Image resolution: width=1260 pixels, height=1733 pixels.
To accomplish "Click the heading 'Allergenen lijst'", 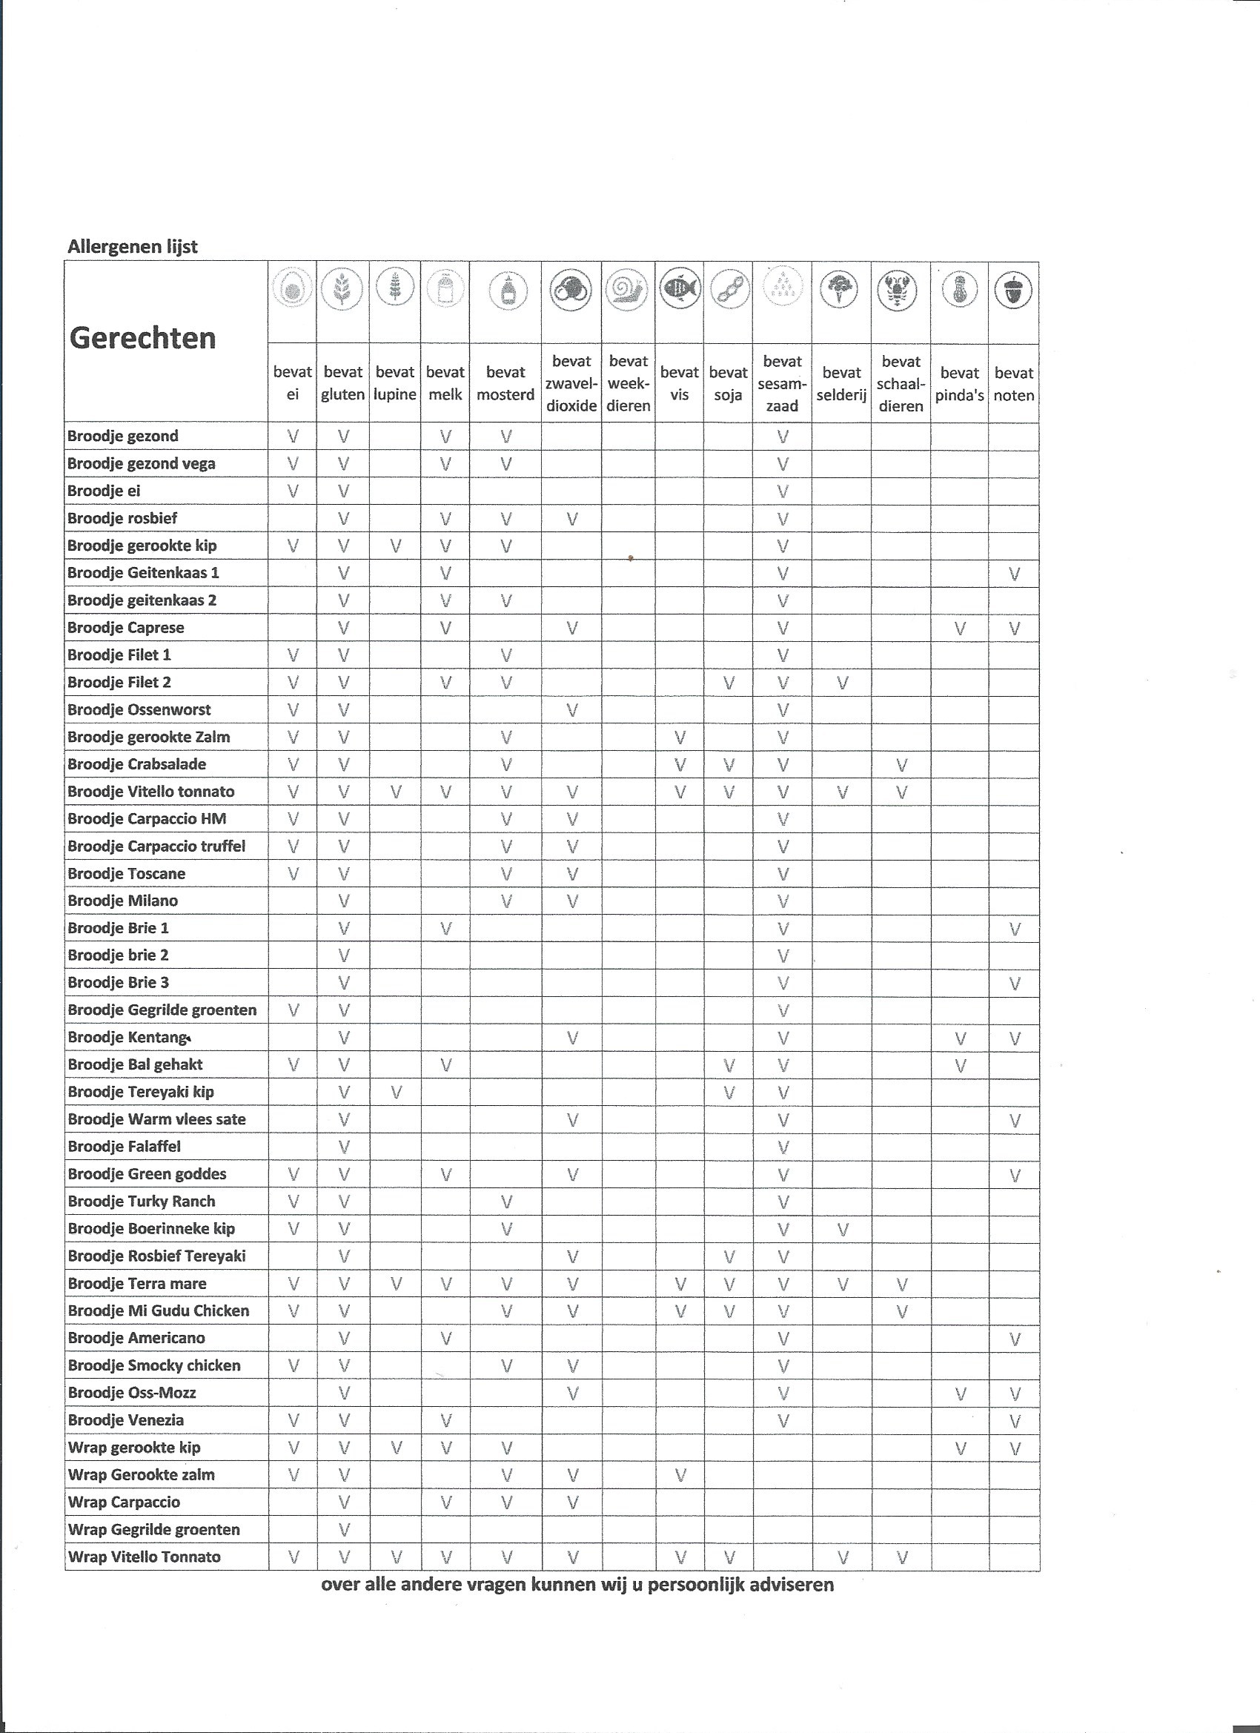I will pyautogui.click(x=132, y=247).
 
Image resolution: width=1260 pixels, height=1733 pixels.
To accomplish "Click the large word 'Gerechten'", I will pyautogui.click(x=143, y=338).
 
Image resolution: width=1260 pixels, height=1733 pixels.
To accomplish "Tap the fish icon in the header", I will pyautogui.click(x=679, y=289).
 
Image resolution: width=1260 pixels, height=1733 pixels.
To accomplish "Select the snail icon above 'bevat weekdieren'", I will pyautogui.click(x=627, y=290).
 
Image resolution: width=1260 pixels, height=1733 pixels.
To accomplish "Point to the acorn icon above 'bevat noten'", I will pyautogui.click(x=1013, y=290).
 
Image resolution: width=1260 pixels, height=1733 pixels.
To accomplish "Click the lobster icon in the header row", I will pyautogui.click(x=900, y=290).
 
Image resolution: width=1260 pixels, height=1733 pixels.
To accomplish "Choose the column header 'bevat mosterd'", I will pyautogui.click(x=505, y=383).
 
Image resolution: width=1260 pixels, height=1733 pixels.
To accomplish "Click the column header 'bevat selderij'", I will pyautogui.click(x=841, y=383).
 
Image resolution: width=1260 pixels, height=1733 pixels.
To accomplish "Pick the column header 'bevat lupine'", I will pyautogui.click(x=395, y=383).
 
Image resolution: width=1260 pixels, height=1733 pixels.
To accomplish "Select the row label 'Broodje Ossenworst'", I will pyautogui.click(x=139, y=710).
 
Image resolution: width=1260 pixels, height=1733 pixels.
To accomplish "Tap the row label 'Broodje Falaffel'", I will pyautogui.click(x=125, y=1146).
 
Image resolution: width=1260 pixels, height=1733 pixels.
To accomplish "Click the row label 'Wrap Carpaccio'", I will pyautogui.click(x=124, y=1502).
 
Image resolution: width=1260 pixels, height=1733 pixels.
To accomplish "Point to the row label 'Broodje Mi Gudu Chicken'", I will pyautogui.click(x=158, y=1310).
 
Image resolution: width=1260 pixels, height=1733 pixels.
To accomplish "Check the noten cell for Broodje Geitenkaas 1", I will pyautogui.click(x=1014, y=573).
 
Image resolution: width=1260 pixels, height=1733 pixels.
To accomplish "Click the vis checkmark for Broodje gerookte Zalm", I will pyautogui.click(x=679, y=738).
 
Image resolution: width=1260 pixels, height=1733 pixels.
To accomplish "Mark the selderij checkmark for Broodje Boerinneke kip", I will pyautogui.click(x=842, y=1229).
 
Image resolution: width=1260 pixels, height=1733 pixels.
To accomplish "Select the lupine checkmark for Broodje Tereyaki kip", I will pyautogui.click(x=396, y=1092).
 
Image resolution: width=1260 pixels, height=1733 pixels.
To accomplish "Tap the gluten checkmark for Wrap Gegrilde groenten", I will pyautogui.click(x=344, y=1529).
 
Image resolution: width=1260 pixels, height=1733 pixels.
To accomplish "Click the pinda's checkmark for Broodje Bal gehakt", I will pyautogui.click(x=960, y=1065).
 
